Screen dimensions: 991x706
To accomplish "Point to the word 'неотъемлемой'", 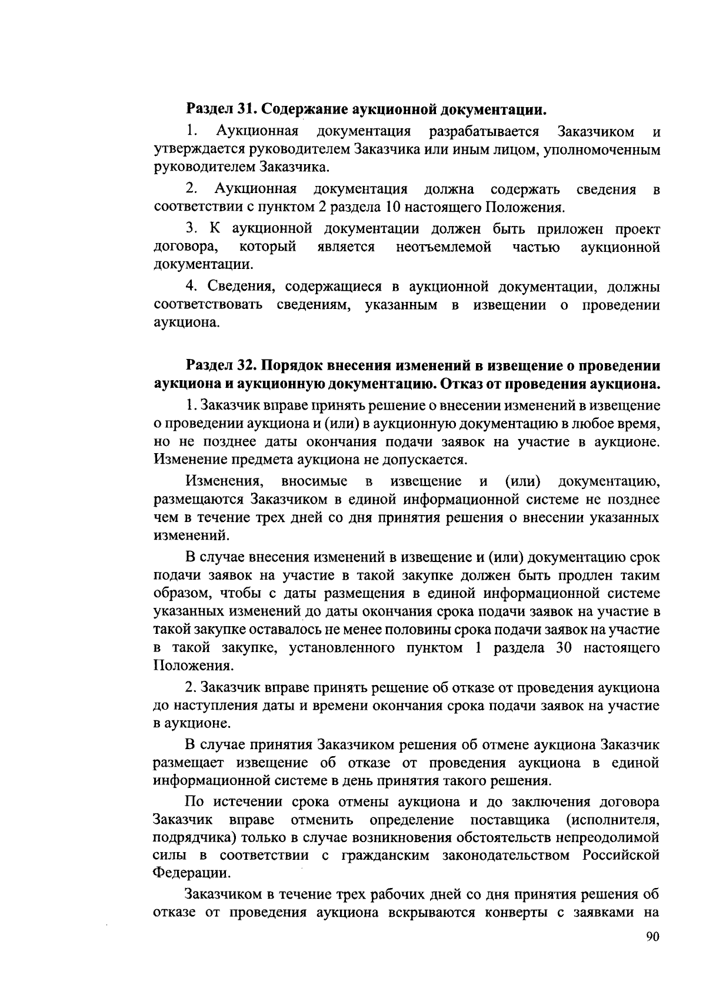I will (444, 247).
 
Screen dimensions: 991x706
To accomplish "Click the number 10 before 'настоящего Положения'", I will (394, 207).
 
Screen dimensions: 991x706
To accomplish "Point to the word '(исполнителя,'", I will (612, 820).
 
